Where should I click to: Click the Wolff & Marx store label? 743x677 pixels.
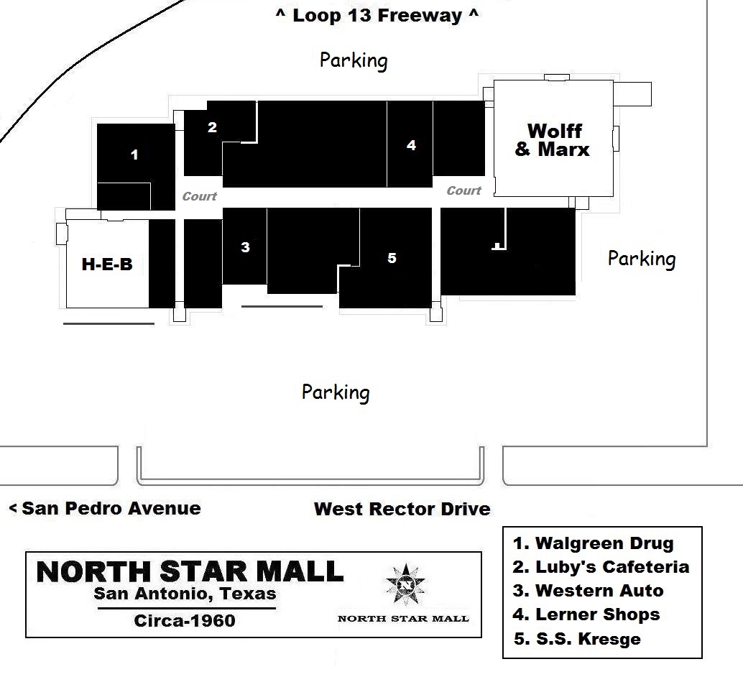(x=553, y=140)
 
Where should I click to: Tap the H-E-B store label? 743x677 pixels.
(x=107, y=264)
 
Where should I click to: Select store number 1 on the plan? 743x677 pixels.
(x=134, y=155)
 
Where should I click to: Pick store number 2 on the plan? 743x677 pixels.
(x=212, y=127)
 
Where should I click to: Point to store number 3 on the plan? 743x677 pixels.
(x=245, y=247)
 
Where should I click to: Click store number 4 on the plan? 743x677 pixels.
(x=411, y=145)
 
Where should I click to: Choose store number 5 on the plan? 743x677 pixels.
(x=392, y=258)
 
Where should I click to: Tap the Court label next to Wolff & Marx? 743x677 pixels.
(x=464, y=190)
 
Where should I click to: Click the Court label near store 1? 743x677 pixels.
(x=200, y=196)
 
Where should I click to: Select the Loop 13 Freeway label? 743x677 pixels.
(x=377, y=15)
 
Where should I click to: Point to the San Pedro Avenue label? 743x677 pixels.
(x=105, y=508)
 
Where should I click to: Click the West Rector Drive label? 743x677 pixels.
(x=402, y=509)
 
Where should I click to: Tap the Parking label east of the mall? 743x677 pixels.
(x=642, y=259)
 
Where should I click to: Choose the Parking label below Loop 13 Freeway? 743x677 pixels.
(x=354, y=60)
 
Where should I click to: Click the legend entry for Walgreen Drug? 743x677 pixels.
(x=594, y=543)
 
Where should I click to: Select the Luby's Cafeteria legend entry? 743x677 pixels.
(x=601, y=567)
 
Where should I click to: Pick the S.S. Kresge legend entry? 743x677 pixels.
(x=577, y=639)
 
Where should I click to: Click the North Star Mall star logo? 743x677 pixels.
(x=405, y=585)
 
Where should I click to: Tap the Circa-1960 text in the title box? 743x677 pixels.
(x=185, y=621)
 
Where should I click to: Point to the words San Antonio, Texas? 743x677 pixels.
(x=185, y=594)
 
